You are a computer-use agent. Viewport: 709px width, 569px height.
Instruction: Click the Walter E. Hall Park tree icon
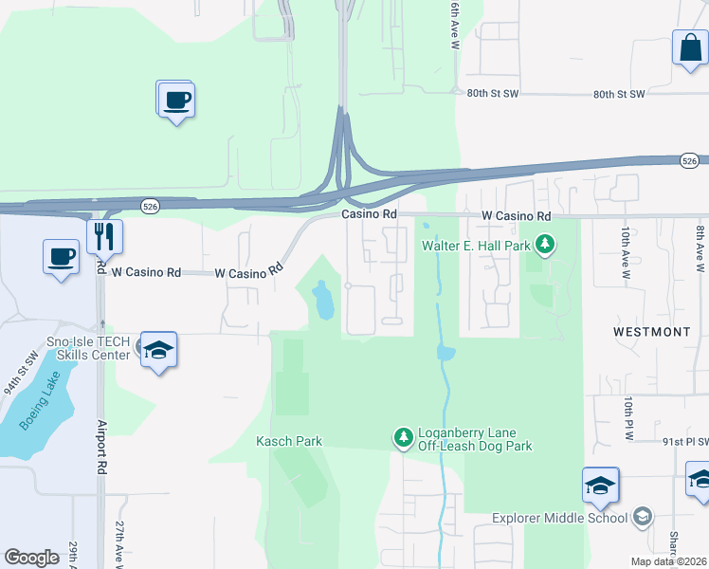[544, 246]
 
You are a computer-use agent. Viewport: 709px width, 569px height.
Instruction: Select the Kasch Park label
[289, 441]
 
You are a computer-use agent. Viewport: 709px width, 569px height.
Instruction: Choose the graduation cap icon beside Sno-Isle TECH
[158, 350]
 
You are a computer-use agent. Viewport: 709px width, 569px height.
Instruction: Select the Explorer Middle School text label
[559, 518]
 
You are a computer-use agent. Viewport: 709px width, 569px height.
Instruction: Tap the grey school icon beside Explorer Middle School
[643, 517]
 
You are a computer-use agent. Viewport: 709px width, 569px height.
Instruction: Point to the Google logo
[32, 558]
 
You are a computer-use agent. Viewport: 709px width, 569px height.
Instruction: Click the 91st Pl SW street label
[684, 441]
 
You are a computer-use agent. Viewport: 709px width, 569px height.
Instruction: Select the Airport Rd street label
[100, 447]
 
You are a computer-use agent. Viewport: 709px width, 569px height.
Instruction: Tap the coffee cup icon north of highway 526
[175, 99]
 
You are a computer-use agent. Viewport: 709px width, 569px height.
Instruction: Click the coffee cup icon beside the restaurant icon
[62, 256]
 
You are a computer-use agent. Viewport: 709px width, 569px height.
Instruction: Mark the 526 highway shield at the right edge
[690, 161]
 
